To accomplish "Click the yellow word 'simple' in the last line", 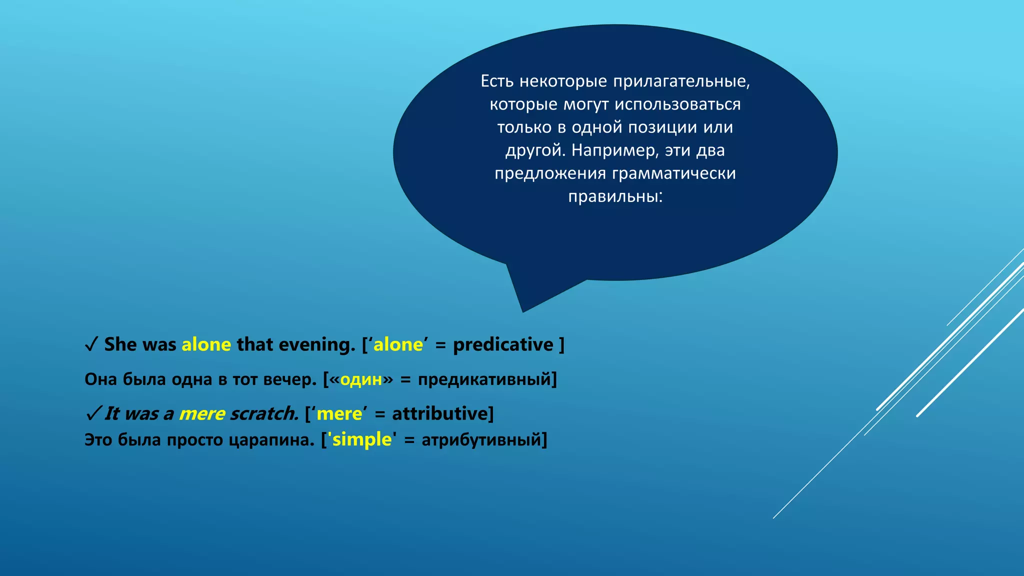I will point(362,440).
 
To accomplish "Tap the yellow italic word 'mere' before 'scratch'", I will point(202,414).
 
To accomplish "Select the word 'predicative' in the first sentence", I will point(503,345).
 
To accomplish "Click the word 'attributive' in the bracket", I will point(439,414).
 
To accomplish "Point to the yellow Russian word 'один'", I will point(361,379).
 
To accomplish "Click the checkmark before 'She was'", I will point(91,345).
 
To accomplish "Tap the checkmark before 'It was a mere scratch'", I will point(93,414).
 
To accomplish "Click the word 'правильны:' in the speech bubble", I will point(615,196).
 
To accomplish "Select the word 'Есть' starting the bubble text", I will point(497,81).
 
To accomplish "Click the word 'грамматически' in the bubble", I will point(673,173).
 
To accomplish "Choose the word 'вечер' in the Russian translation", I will point(289,379).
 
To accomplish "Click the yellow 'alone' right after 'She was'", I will point(206,345).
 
